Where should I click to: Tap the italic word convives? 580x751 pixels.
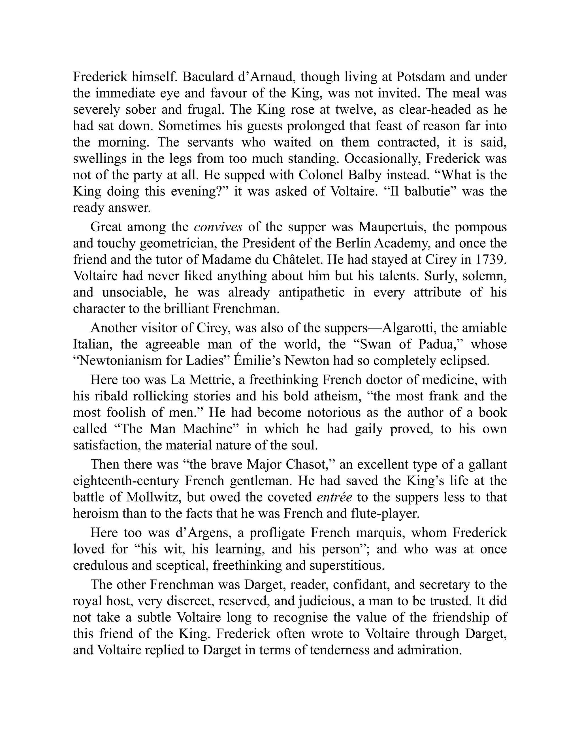coord(219,227)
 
